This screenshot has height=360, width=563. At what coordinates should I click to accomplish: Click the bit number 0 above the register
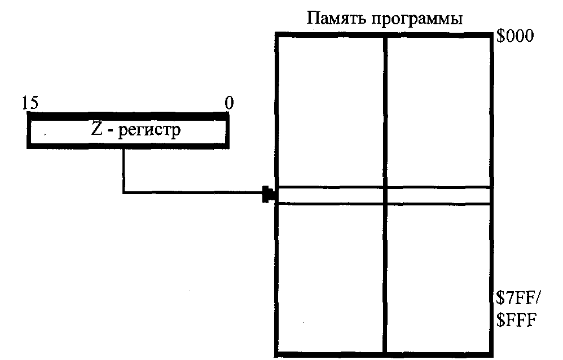(228, 103)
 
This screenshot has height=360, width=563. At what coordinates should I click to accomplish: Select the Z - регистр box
(128, 133)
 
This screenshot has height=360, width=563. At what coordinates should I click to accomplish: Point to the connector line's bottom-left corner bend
(123, 194)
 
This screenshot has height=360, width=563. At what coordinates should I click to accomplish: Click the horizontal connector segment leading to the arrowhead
(192, 194)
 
